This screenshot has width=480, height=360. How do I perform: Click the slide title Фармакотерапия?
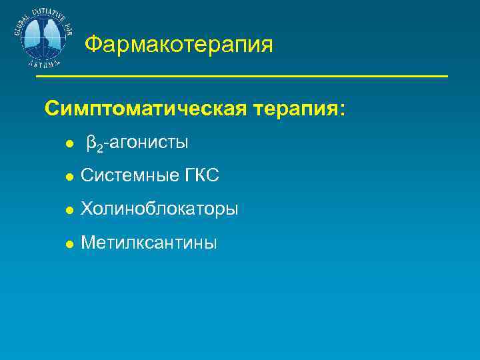pos(179,45)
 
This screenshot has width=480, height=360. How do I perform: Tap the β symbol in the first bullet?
pos(91,143)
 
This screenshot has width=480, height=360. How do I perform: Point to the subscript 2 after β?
pos(99,148)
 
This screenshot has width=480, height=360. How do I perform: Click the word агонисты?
pos(149,143)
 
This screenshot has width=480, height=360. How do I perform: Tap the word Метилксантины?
pos(149,243)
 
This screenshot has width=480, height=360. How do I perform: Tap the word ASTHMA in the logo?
pos(44,63)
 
